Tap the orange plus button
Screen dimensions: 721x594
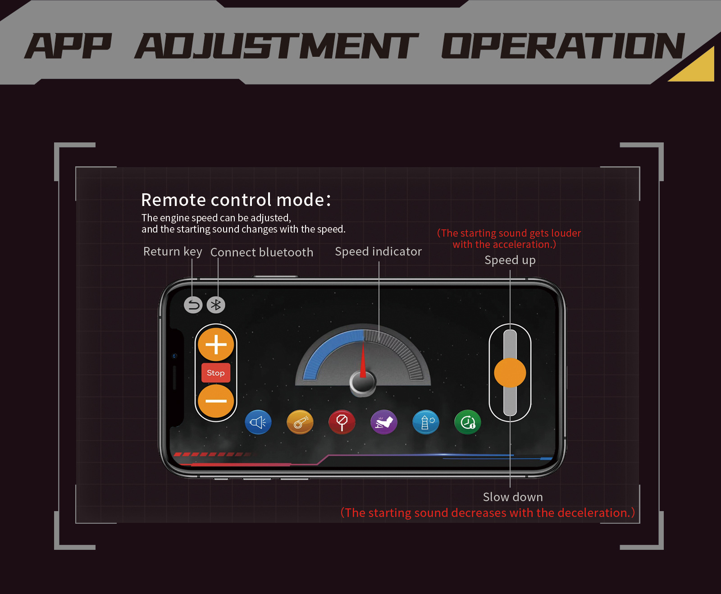click(216, 345)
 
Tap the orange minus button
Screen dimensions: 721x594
click(216, 401)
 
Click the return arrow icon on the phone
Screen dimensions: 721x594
click(193, 305)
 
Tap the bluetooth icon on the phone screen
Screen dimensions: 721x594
click(216, 305)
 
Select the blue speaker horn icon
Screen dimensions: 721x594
click(258, 422)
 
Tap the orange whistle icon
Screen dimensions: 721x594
click(300, 422)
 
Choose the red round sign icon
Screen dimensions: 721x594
click(342, 422)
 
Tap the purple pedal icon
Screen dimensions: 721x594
click(384, 422)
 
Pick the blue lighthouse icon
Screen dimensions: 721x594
click(426, 422)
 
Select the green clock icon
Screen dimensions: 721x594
click(468, 422)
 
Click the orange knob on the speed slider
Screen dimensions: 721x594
click(510, 373)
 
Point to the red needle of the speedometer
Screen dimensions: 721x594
click(363, 361)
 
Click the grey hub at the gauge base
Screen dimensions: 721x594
click(363, 384)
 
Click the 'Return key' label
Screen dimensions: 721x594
click(173, 251)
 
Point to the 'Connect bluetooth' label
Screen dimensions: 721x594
click(262, 252)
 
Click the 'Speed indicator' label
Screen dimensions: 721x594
click(379, 251)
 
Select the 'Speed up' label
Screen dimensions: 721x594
click(510, 260)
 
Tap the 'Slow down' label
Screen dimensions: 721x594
click(513, 497)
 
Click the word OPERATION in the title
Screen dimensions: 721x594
click(563, 46)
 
